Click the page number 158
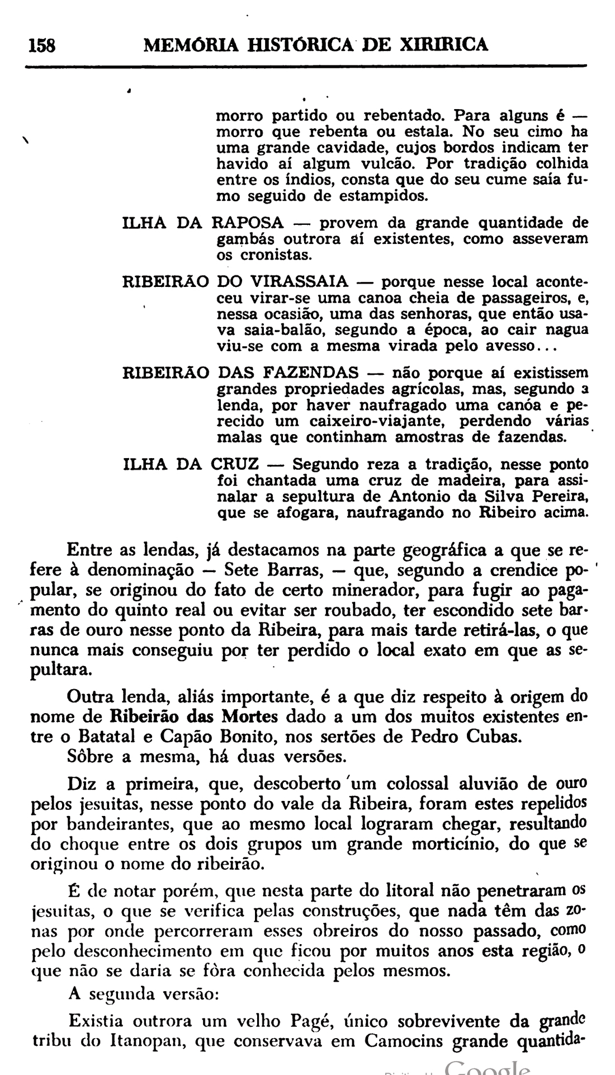(x=42, y=45)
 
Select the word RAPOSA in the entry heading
(x=248, y=223)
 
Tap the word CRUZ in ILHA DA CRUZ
(x=235, y=464)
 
